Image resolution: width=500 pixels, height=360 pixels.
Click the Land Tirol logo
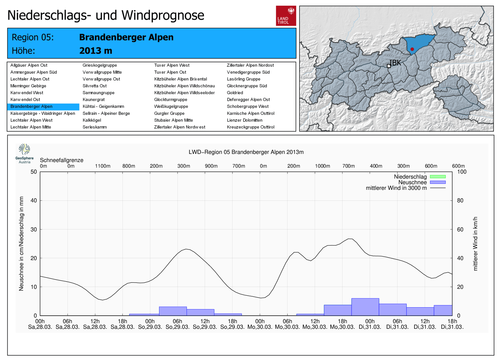(x=286, y=16)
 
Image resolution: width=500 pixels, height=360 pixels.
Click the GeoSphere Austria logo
(x=24, y=153)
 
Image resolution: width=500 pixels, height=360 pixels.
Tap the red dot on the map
(x=412, y=49)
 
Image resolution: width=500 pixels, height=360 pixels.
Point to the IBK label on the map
(x=395, y=63)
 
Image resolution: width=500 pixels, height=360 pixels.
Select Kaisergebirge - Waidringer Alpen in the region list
(x=43, y=113)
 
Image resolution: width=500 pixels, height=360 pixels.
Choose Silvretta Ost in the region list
(x=95, y=86)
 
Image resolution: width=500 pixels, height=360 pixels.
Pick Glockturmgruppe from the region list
(x=171, y=100)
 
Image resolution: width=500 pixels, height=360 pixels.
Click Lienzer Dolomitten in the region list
(x=245, y=120)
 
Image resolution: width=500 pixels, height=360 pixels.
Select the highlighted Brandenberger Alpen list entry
(x=32, y=106)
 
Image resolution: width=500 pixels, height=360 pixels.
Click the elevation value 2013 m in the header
(x=96, y=51)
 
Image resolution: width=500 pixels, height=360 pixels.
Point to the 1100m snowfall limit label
(x=102, y=166)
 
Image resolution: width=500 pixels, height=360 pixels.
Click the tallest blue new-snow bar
(x=365, y=307)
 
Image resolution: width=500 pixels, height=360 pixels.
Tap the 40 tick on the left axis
(x=34, y=200)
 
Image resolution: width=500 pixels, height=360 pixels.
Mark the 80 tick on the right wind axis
(x=460, y=200)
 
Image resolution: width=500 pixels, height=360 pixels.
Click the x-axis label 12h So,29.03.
(x=205, y=324)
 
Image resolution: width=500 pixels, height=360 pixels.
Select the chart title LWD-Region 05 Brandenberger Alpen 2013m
(x=246, y=152)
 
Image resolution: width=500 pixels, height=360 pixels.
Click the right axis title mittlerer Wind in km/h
(x=475, y=244)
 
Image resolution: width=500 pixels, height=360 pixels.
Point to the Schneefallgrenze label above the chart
(x=62, y=160)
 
